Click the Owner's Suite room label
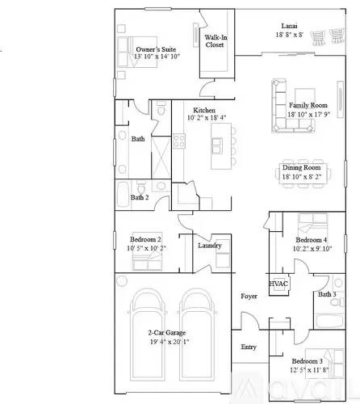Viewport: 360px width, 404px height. point(156,49)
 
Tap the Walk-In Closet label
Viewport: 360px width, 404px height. point(216,41)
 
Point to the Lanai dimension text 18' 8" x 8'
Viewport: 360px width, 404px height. point(289,35)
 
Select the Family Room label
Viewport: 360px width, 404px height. point(308,105)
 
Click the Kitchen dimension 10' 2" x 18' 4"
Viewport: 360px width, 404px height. point(207,118)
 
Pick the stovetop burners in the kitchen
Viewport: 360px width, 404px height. point(179,141)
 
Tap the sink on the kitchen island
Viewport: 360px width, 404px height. point(217,145)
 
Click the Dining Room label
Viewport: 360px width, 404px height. point(301,167)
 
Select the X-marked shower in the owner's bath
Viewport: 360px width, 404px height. point(161,158)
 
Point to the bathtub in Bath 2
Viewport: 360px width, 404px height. point(123,195)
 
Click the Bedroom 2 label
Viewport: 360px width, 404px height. point(145,239)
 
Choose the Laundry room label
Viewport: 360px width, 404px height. point(210,246)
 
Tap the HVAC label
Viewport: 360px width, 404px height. point(278,284)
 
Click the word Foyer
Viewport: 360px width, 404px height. point(249,297)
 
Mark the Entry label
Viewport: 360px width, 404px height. point(249,347)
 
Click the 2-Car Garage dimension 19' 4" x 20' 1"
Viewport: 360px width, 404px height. point(170,342)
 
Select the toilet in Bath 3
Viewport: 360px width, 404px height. point(337,302)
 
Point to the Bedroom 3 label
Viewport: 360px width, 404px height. point(308,361)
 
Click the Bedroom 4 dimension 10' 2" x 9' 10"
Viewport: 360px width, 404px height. point(312,248)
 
